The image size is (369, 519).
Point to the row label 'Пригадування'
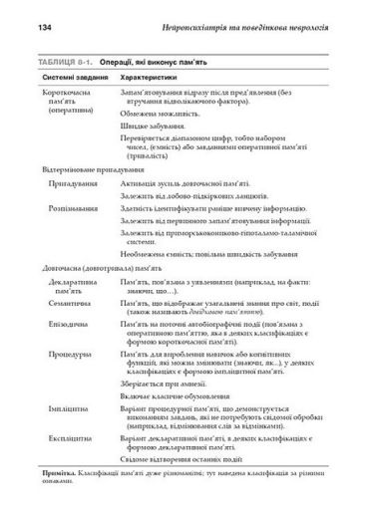(x=76, y=184)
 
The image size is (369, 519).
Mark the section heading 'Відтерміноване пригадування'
(x=89, y=169)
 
